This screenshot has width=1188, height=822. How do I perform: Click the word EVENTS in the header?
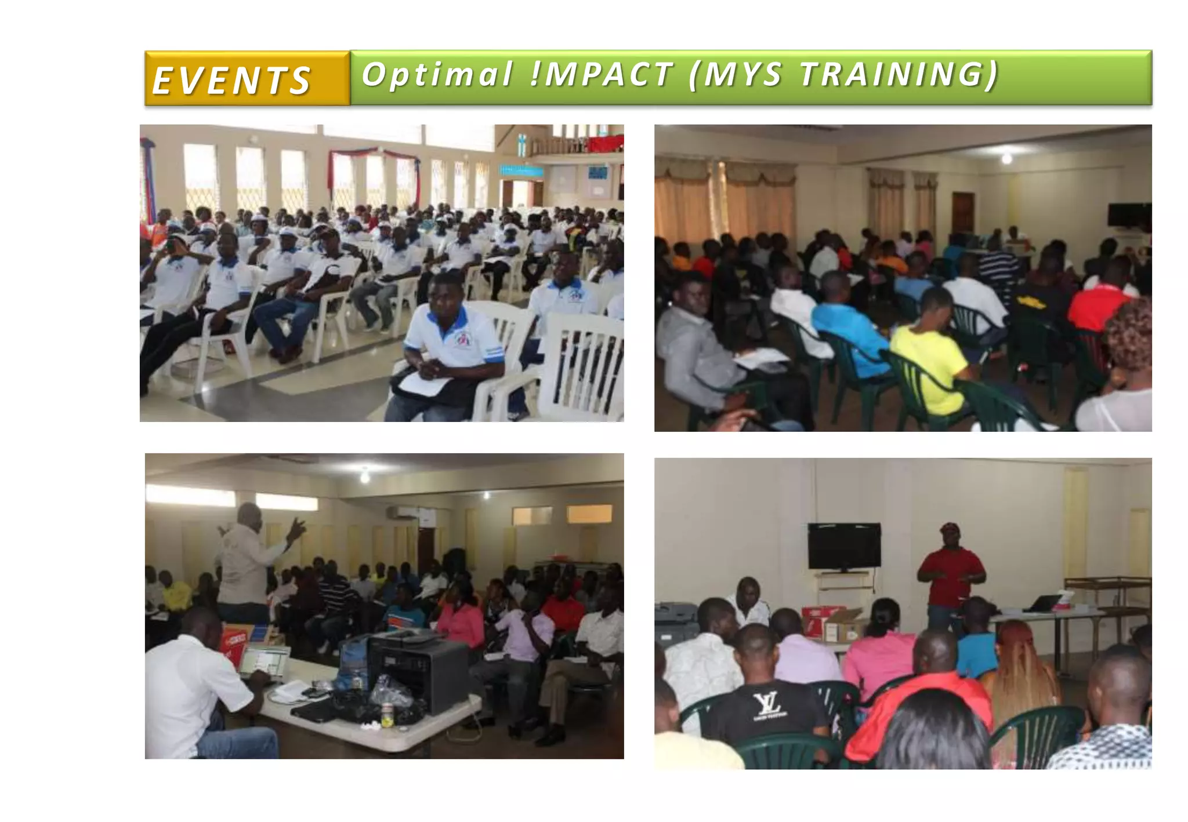coord(231,80)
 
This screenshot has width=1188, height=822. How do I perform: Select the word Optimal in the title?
coord(437,75)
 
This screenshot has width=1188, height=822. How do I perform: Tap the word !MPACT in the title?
coord(602,75)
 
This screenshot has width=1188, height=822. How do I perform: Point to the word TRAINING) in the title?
coord(899,75)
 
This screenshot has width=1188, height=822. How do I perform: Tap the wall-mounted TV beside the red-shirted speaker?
coord(844,546)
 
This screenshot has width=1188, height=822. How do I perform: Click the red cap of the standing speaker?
coord(950,528)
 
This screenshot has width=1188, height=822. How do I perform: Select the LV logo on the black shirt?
coord(768,704)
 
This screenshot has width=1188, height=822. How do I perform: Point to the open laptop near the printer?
coord(264,661)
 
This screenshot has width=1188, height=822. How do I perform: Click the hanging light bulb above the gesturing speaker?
coord(364,477)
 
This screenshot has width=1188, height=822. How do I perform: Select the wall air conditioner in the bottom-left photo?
coord(401,512)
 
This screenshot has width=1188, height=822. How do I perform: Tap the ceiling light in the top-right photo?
coord(1006,158)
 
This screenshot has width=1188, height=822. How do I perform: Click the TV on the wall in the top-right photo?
coord(1128,215)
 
